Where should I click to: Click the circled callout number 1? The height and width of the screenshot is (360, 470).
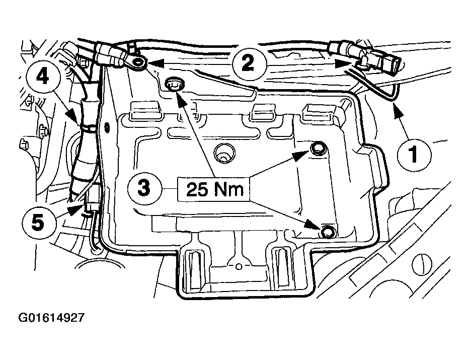(414, 155)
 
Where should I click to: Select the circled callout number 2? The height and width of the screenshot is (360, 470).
(248, 63)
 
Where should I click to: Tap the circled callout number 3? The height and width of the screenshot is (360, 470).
(144, 189)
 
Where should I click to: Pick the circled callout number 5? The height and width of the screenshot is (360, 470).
(38, 223)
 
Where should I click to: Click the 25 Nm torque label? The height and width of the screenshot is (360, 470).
(214, 189)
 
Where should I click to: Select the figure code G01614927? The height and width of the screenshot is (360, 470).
(51, 317)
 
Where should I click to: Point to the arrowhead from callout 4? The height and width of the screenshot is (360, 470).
(73, 116)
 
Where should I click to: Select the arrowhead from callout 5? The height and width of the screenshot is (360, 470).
(74, 210)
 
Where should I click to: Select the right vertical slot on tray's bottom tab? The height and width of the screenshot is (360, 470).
(282, 267)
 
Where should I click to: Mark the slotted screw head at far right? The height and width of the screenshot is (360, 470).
(423, 263)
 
